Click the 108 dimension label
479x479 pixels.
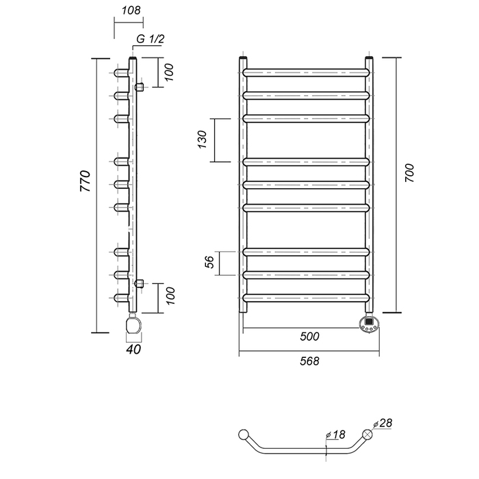(131, 11)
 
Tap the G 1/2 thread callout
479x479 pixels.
(150, 39)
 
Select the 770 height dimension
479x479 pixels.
(86, 181)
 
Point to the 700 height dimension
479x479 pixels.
(409, 173)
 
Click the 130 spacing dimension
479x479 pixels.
(203, 140)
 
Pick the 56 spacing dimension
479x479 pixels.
(209, 262)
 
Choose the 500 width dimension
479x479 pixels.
(309, 337)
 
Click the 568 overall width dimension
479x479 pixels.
(309, 361)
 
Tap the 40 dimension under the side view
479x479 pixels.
(133, 349)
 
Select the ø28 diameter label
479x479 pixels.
(383, 423)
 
